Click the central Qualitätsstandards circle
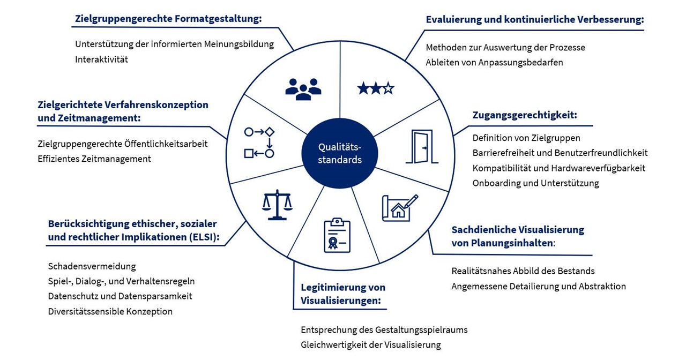pyautogui.click(x=340, y=153)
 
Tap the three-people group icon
pyautogui.click(x=303, y=88)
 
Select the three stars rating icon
pyautogui.click(x=376, y=88)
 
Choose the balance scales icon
pyautogui.click(x=277, y=205)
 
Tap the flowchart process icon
pyautogui.click(x=259, y=142)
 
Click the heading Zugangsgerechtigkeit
pyautogui.click(x=525, y=115)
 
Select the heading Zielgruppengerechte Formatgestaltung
pyautogui.click(x=167, y=19)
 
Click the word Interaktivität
pyautogui.click(x=102, y=59)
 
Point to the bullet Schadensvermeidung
pyautogui.click(x=92, y=266)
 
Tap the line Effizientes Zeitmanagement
pyautogui.click(x=94, y=159)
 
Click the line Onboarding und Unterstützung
pyautogui.click(x=535, y=183)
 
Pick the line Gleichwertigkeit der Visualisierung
pyautogui.click(x=370, y=345)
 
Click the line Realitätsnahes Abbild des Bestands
pyautogui.click(x=523, y=271)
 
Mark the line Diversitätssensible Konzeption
pyautogui.click(x=110, y=311)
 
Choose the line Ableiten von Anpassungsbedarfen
pyautogui.click(x=494, y=62)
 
